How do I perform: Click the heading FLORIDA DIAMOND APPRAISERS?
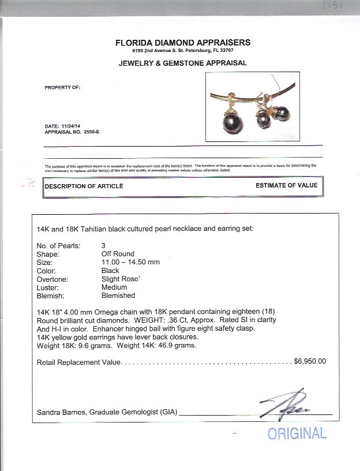183,42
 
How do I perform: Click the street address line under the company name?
182,51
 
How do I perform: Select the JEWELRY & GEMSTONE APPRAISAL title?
183,63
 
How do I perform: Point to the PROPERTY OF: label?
62,88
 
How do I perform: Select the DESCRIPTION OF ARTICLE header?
84,186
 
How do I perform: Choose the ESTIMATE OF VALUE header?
286,186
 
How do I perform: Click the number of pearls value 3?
103,245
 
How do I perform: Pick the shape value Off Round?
118,254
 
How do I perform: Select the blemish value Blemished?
118,296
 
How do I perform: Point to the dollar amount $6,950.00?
310,362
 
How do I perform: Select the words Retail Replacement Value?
78,362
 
